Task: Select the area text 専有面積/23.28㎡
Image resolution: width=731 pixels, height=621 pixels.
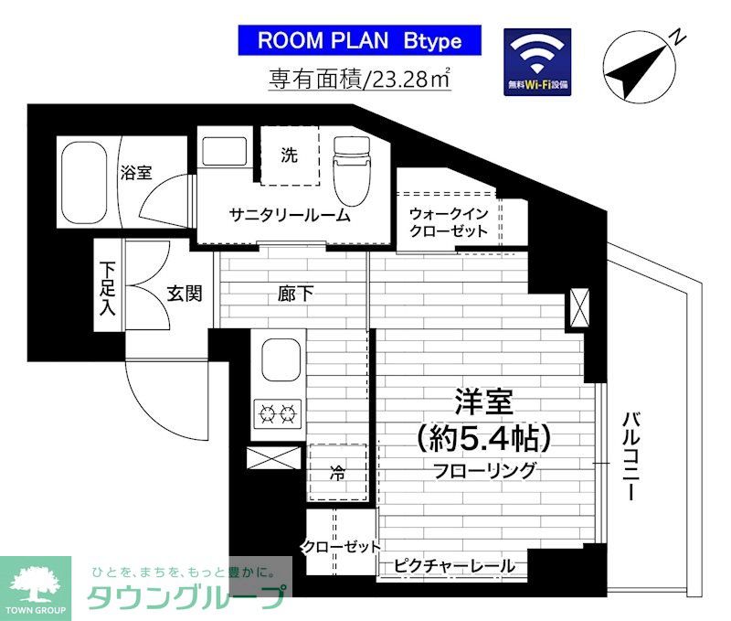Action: coord(359,80)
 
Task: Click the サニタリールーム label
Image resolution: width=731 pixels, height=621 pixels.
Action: coord(289,216)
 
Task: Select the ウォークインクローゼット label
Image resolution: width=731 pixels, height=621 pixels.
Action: coord(449,221)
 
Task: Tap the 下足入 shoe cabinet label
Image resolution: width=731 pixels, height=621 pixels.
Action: coord(108,289)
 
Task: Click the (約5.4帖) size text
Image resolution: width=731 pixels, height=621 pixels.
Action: coord(483,440)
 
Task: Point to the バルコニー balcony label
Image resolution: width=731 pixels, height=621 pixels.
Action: coord(630,454)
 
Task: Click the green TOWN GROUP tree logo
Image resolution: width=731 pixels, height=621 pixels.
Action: coord(36,586)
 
